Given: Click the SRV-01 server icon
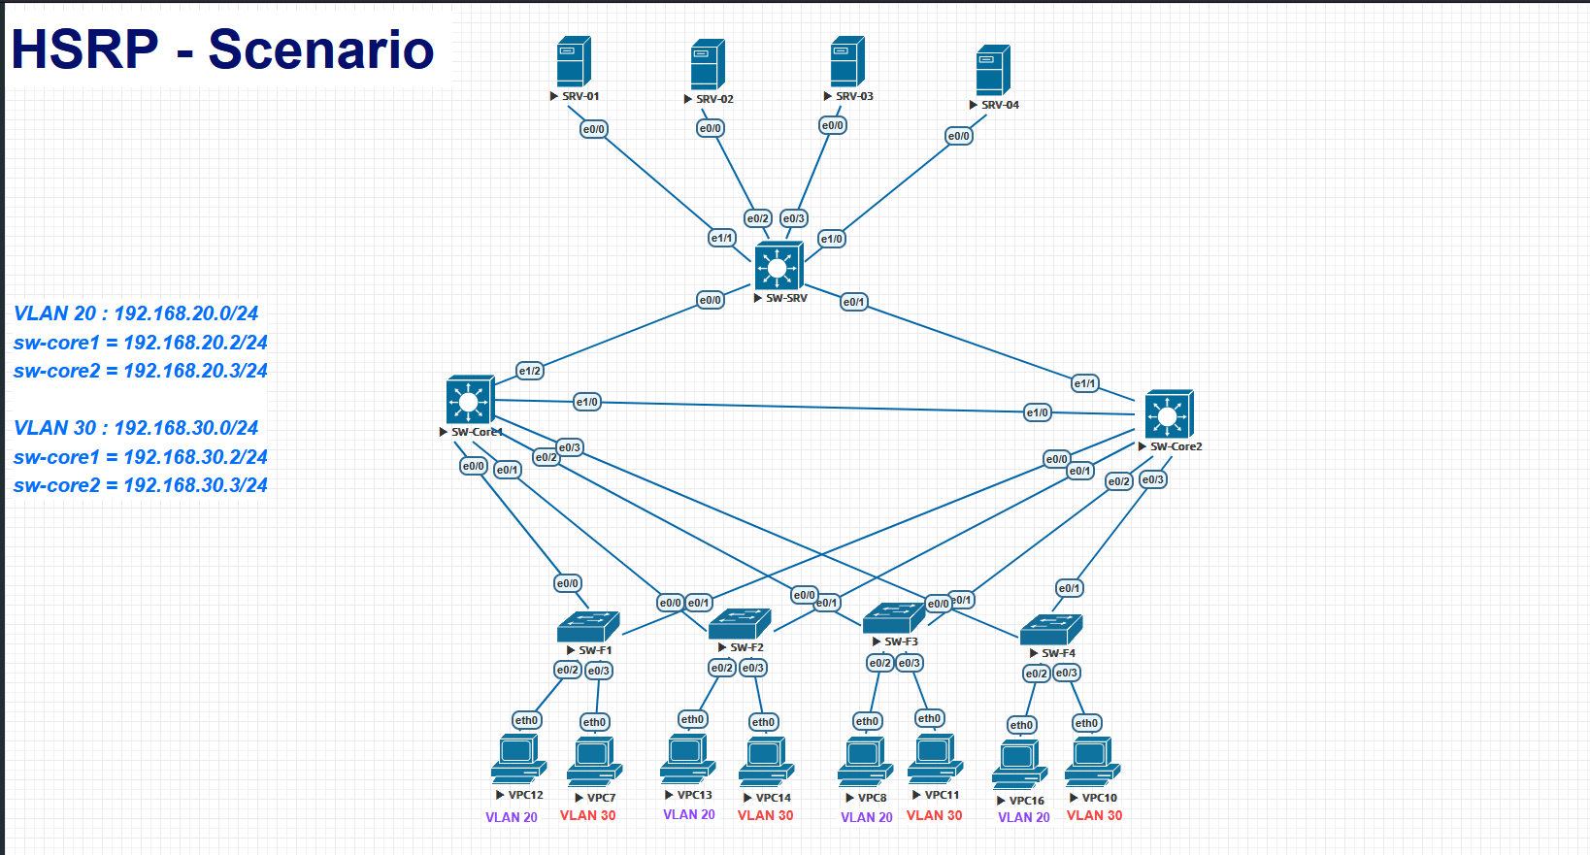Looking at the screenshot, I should (x=574, y=62).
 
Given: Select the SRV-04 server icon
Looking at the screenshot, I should (x=993, y=70).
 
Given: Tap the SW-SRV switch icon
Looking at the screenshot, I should (x=778, y=266).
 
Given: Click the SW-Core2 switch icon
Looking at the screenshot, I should (x=1169, y=415).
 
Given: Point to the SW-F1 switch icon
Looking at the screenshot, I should (x=588, y=627).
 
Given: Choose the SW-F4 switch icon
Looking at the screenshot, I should (x=1051, y=630).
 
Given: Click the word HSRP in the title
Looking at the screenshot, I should (x=84, y=50).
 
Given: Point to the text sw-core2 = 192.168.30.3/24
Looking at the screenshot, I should (x=141, y=485).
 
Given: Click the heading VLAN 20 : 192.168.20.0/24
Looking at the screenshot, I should (x=136, y=313).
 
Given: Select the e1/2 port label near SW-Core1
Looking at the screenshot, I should (x=530, y=371).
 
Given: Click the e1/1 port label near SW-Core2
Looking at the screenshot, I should (x=1085, y=383).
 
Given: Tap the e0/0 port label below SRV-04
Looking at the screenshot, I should (x=959, y=136).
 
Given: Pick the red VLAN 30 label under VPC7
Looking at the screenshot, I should (x=587, y=815).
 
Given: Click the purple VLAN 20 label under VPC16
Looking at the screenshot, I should (x=1023, y=817).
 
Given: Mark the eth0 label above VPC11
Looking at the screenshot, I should (x=929, y=718).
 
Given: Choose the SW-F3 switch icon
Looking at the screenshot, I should (x=893, y=617).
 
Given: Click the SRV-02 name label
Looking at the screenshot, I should (x=714, y=99).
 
